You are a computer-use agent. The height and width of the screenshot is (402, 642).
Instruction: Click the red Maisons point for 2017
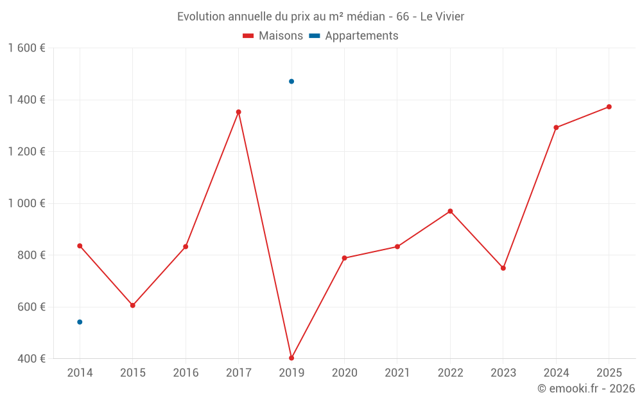tap(238, 112)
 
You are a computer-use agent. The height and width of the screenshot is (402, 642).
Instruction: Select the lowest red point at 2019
tap(291, 358)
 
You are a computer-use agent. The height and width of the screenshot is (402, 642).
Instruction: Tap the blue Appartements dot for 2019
tap(291, 82)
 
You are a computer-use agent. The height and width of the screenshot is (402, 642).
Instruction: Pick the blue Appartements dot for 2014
tap(80, 322)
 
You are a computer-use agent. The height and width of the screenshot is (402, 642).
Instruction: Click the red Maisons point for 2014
tap(80, 246)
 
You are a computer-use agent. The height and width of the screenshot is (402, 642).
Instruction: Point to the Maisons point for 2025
tap(609, 107)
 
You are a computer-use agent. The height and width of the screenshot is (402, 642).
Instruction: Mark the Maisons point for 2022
tap(450, 211)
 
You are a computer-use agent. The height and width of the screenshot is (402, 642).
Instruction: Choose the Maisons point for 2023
tap(503, 268)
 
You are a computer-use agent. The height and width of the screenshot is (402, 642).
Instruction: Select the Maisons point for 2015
tap(133, 305)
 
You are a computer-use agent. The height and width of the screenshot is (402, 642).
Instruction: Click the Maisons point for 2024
tap(556, 127)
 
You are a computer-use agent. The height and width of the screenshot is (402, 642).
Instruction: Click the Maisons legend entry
tap(273, 36)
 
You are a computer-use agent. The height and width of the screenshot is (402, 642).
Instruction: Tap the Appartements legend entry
tap(354, 36)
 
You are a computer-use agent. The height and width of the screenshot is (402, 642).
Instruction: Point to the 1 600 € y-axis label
tap(27, 48)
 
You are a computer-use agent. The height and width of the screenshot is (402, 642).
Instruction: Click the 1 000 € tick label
tap(27, 203)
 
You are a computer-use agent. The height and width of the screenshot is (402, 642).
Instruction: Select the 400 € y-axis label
tap(31, 358)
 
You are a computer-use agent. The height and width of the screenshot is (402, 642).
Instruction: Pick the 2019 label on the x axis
tap(291, 372)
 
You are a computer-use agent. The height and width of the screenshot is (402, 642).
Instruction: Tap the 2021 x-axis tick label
tap(397, 372)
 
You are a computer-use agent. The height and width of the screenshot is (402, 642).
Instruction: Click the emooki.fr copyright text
tap(586, 388)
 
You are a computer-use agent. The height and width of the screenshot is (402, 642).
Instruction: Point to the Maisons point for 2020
tap(344, 258)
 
